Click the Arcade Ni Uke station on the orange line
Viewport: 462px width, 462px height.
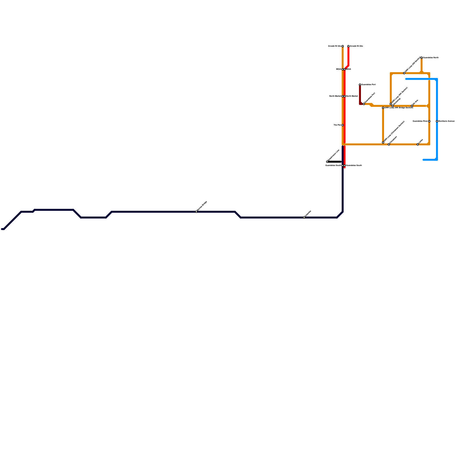[x=343, y=46]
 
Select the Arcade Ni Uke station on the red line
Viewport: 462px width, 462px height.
[x=349, y=46]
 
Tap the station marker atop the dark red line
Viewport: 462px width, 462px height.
[x=360, y=85]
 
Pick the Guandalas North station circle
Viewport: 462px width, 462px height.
[x=422, y=58]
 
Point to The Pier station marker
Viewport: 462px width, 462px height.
[x=343, y=125]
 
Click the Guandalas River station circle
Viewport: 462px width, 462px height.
[x=429, y=121]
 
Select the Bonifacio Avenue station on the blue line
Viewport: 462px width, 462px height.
[x=437, y=121]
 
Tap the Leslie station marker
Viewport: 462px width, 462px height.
[x=418, y=144]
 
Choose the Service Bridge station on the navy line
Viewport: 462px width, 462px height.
[x=196, y=212]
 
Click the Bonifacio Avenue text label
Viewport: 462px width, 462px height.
[x=446, y=121]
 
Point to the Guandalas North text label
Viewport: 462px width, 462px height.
[x=431, y=58]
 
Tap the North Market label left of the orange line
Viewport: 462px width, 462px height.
[x=335, y=96]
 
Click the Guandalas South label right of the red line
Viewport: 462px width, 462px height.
[x=354, y=165]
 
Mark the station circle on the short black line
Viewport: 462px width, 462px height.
[x=327, y=162]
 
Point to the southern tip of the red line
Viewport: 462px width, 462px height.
[x=344, y=167]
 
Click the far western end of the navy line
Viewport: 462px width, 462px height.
[x=2, y=229]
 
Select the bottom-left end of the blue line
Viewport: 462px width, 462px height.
[x=424, y=160]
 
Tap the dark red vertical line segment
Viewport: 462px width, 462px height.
[x=360, y=94]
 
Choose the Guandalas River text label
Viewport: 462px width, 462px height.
[x=420, y=121]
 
